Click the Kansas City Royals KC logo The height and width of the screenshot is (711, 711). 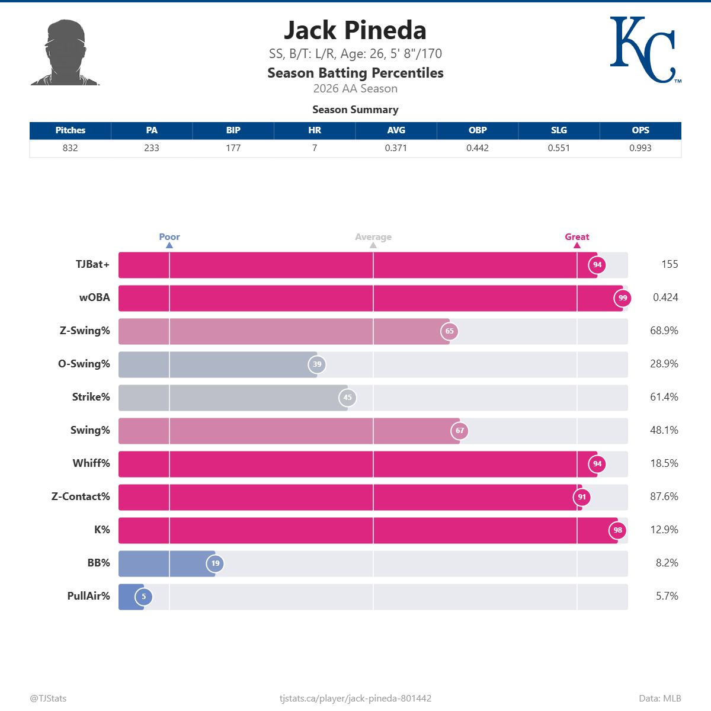click(645, 50)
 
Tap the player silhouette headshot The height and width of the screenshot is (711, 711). click(65, 52)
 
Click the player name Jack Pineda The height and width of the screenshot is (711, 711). click(355, 30)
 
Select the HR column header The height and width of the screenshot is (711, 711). click(315, 130)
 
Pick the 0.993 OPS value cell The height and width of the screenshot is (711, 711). click(640, 148)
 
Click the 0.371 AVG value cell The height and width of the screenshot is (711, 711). click(396, 148)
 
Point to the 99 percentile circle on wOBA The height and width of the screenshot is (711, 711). click(623, 298)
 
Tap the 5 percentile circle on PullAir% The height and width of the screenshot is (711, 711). click(143, 597)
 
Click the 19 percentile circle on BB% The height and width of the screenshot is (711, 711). click(215, 563)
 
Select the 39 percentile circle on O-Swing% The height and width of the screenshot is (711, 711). click(317, 364)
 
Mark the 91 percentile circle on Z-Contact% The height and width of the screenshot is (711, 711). click(582, 497)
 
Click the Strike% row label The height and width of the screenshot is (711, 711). click(91, 397)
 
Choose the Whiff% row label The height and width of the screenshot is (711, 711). click(91, 463)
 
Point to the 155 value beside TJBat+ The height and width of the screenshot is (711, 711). click(670, 264)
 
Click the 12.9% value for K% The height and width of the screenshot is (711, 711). click(664, 530)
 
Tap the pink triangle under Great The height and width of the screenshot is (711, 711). click(577, 245)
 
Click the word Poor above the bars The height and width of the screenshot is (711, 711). click(169, 237)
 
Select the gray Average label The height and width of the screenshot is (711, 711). click(373, 237)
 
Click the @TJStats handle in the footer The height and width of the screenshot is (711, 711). click(49, 699)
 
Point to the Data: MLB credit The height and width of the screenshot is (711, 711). click(660, 699)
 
